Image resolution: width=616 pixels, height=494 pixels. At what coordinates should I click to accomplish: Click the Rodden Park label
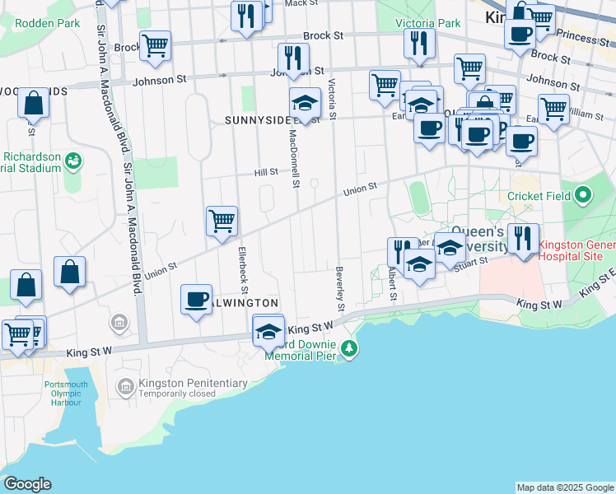[48, 23]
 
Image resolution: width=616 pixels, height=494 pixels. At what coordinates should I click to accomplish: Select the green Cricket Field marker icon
[584, 196]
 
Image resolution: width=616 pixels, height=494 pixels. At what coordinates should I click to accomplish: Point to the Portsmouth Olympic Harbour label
[64, 394]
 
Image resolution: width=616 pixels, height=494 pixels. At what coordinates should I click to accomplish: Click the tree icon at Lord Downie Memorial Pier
[350, 349]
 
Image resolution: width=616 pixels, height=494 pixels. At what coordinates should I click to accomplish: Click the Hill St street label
[266, 172]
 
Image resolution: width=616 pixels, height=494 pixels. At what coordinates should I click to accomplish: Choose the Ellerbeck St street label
[243, 269]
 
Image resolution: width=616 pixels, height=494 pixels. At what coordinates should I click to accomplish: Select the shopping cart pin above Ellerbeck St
[222, 221]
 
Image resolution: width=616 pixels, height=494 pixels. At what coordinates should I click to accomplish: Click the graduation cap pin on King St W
[268, 332]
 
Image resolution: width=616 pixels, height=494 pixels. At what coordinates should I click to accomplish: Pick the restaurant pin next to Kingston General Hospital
[523, 239]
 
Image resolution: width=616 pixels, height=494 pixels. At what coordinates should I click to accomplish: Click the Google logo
[27, 484]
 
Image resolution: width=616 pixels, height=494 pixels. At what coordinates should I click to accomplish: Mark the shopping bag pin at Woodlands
[34, 105]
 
